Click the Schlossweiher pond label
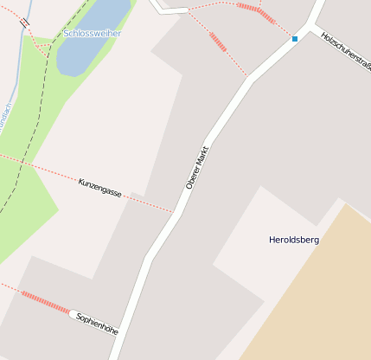click(x=93, y=34)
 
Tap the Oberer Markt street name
click(x=198, y=167)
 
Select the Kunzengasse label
click(x=99, y=187)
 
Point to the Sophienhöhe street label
click(x=96, y=324)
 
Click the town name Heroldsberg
click(x=294, y=240)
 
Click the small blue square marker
click(x=295, y=39)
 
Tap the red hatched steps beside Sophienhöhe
click(x=45, y=302)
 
